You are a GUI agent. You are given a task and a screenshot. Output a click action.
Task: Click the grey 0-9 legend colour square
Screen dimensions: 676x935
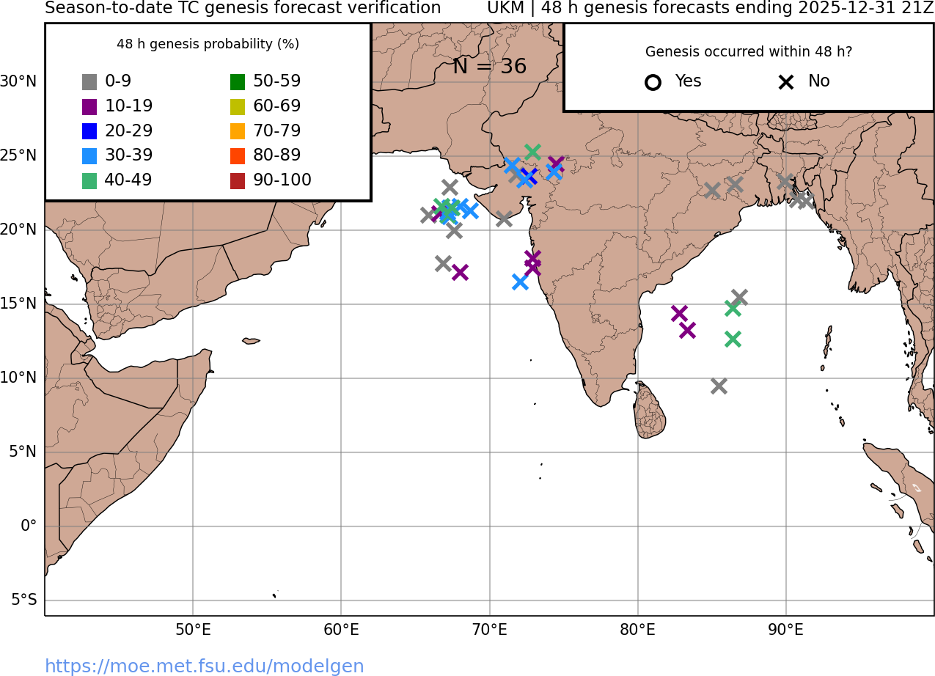(x=89, y=82)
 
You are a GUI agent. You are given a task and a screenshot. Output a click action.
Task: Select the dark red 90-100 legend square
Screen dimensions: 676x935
(x=238, y=180)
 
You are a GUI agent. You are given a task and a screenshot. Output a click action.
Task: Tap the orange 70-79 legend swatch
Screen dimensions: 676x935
(x=238, y=131)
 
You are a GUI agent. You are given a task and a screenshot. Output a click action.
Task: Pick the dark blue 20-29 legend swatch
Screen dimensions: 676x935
(x=89, y=131)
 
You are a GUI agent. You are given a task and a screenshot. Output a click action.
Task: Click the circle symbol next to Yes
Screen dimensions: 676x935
(x=653, y=82)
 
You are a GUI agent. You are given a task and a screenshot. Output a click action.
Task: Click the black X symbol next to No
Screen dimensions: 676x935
(x=786, y=82)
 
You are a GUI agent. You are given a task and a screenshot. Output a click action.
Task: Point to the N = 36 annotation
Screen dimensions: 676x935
(x=489, y=67)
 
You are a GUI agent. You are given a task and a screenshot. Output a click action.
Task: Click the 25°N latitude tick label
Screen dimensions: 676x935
(x=18, y=155)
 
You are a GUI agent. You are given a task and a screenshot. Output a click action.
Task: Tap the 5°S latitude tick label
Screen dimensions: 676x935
(x=23, y=600)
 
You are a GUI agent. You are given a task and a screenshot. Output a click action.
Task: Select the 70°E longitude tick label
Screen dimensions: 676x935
(x=489, y=630)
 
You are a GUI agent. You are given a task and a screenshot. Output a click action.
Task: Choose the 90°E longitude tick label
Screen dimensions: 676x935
(x=785, y=630)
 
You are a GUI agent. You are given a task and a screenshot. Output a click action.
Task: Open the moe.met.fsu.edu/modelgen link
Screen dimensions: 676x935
(x=205, y=666)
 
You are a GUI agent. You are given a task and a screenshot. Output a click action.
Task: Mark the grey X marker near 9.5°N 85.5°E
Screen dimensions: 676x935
(x=719, y=386)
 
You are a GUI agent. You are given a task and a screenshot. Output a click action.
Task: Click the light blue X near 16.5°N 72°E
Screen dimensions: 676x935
(x=520, y=282)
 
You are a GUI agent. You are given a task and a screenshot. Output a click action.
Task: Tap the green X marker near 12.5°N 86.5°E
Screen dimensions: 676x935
(x=733, y=339)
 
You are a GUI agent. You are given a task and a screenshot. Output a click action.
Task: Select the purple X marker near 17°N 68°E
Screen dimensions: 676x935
(x=460, y=272)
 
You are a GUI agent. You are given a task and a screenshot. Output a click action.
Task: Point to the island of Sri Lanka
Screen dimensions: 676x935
(x=650, y=412)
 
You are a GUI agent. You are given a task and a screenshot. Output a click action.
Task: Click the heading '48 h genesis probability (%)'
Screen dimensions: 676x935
(x=208, y=44)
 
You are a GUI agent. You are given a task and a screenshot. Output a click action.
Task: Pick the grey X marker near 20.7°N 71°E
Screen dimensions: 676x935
(x=504, y=218)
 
